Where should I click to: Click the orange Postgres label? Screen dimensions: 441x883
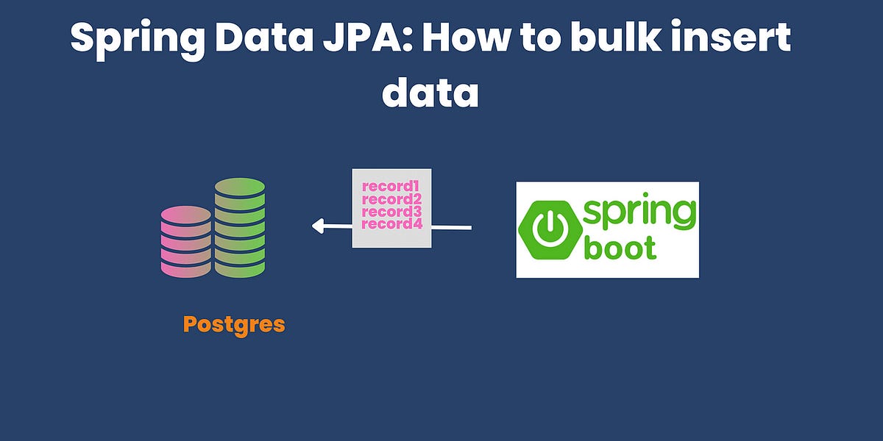click(234, 324)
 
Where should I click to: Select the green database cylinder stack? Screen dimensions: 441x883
click(240, 227)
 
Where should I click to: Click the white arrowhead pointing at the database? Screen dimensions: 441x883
click(319, 226)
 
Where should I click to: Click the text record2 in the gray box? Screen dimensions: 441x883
click(391, 199)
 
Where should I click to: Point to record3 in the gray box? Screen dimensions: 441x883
click(391, 211)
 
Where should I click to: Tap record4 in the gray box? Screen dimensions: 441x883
click(391, 223)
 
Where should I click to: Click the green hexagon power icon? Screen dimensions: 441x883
click(547, 230)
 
